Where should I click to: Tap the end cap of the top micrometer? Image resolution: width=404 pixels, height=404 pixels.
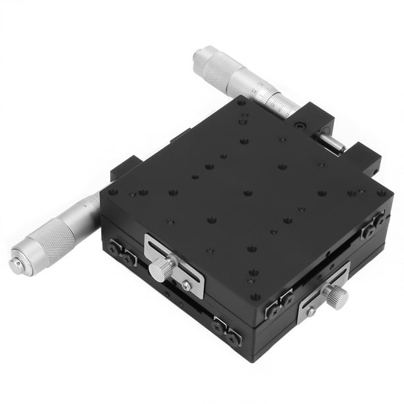coord(200,56)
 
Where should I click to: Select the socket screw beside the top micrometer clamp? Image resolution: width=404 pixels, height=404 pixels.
coord(301,124)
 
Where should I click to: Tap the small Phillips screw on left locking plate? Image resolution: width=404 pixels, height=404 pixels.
coord(187,285)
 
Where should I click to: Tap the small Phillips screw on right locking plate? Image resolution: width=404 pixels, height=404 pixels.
coord(310,312)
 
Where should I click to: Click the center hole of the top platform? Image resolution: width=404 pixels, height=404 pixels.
coord(248,193)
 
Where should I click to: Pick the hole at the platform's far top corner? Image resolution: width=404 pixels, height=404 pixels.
coord(242,104)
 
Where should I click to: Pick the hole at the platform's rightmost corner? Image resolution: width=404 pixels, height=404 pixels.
coord(381,193)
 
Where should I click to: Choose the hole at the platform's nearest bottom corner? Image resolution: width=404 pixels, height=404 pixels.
coord(255,296)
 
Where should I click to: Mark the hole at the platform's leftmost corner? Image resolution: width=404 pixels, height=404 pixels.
coord(113,192)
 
